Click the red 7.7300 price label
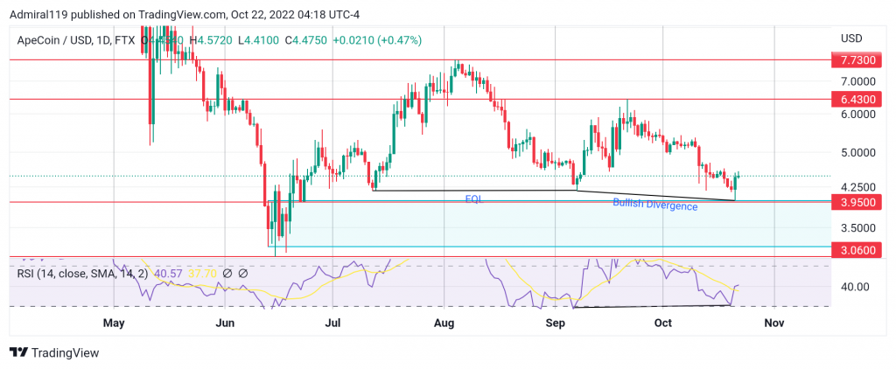point(854,60)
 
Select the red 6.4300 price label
point(854,100)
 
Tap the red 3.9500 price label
point(854,202)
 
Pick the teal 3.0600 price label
point(854,248)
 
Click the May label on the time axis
point(115,323)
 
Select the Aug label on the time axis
point(444,323)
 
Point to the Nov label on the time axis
point(773,323)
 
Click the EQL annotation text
point(473,199)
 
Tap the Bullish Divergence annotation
point(654,205)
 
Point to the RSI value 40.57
point(167,273)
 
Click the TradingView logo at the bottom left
point(54,352)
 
